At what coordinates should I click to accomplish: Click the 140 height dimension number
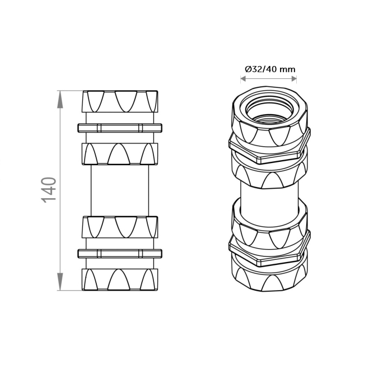click(x=49, y=190)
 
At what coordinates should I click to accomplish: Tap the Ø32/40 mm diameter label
click(x=270, y=69)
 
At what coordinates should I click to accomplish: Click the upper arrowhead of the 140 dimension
click(x=60, y=100)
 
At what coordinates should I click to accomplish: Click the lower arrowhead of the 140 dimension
click(x=60, y=282)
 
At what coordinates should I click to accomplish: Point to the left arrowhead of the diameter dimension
click(x=244, y=79)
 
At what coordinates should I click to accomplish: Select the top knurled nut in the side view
click(x=120, y=101)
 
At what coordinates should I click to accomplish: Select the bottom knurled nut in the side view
click(x=120, y=279)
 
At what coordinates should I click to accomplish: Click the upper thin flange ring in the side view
click(x=120, y=128)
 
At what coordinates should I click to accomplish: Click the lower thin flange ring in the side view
click(x=120, y=253)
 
